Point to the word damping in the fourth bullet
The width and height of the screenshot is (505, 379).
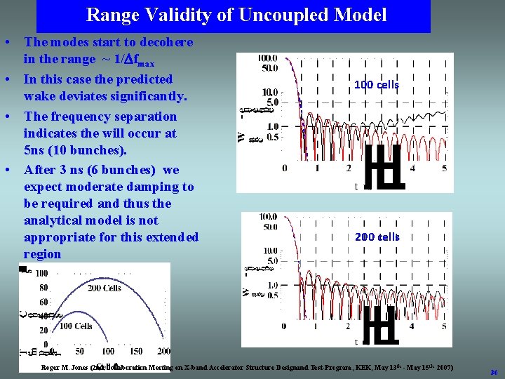click(153, 187)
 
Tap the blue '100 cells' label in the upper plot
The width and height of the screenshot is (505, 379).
click(377, 85)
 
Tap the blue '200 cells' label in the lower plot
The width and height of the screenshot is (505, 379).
click(377, 237)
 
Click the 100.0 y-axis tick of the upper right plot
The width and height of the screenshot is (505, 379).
click(268, 58)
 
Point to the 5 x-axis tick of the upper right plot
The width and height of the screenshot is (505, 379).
click(444, 168)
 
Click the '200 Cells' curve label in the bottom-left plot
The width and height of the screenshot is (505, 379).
click(105, 288)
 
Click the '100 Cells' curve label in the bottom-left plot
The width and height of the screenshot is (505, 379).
click(75, 326)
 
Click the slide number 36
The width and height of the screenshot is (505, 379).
click(494, 372)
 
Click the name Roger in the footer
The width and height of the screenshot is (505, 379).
click(53, 368)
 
